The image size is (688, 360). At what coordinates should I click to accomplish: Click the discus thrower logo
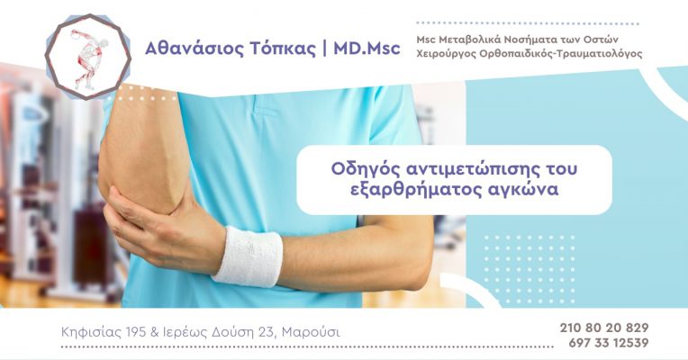[88, 57]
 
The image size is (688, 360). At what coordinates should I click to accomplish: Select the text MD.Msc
[367, 48]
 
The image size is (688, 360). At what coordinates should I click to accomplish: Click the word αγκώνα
[523, 191]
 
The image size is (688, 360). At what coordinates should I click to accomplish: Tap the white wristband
[248, 256]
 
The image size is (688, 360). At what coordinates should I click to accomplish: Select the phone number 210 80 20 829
[604, 328]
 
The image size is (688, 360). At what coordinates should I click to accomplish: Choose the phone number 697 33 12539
[609, 343]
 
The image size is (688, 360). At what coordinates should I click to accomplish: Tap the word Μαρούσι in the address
[311, 332]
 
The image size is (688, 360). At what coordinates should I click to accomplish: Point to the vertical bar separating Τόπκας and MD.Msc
[324, 49]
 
